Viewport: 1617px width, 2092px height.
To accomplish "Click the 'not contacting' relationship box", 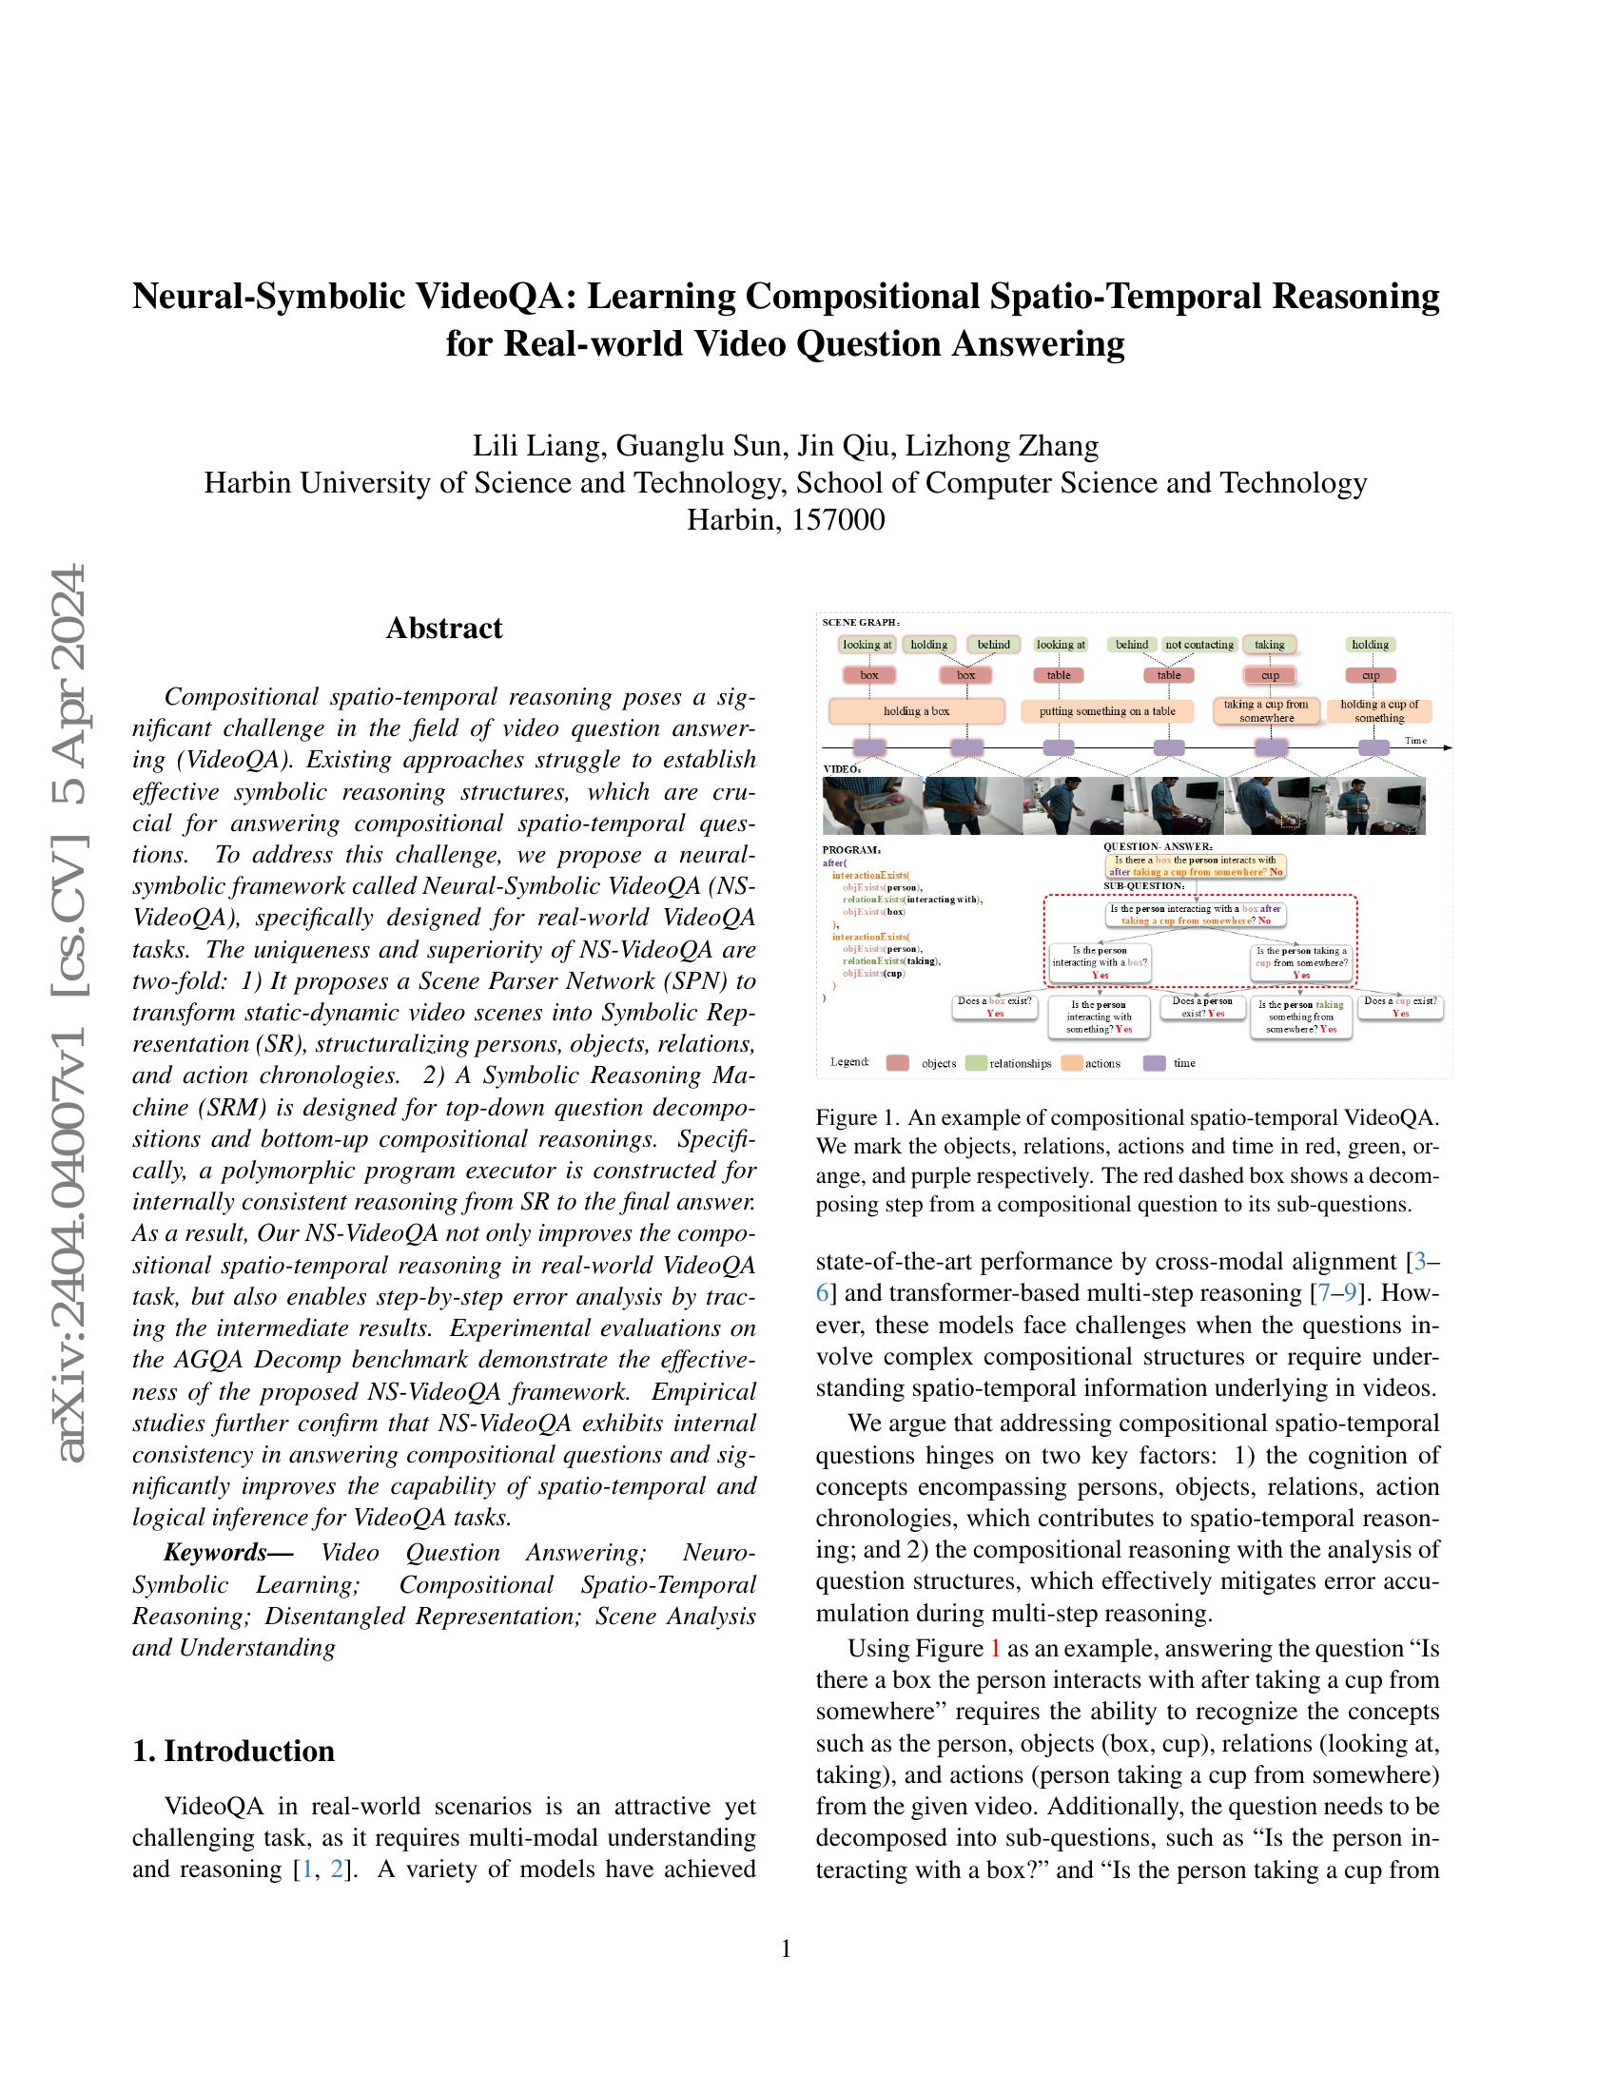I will point(1198,645).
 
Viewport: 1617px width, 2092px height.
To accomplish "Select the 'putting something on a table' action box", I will point(1107,710).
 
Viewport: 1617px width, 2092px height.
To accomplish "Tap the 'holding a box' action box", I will point(916,710).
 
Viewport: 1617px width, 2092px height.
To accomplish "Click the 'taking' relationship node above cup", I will point(1269,645).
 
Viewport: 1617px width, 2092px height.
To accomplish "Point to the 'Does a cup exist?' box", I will point(1399,1006).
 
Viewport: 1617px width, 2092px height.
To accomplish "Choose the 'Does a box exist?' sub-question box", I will point(994,1006).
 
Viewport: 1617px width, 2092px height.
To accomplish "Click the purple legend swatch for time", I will point(1155,1062).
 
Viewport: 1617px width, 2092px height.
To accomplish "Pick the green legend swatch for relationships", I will point(976,1062).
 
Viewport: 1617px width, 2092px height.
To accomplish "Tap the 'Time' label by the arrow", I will point(1415,740).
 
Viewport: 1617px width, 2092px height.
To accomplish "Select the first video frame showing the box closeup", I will point(871,805).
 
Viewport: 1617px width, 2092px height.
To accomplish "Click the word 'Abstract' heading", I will point(443,629).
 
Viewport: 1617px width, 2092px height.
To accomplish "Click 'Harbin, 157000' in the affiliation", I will point(786,520).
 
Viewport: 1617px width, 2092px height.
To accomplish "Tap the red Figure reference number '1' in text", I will point(994,1648).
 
